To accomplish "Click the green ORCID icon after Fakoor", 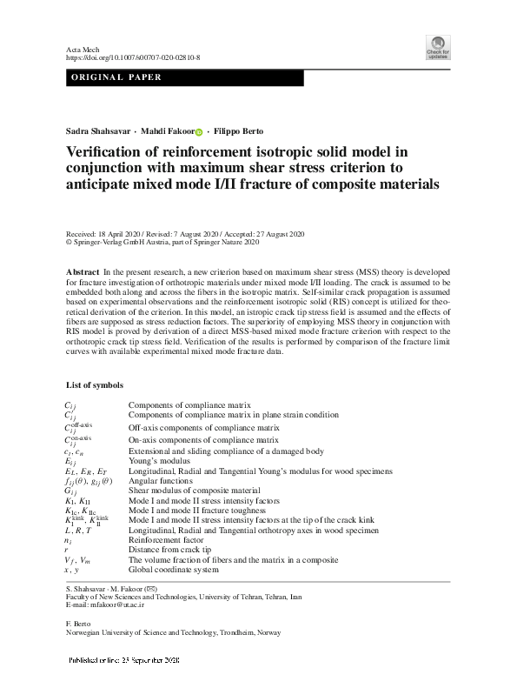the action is click(x=198, y=131).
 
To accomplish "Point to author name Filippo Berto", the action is click(x=237, y=130).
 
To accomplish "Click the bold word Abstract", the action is click(x=82, y=272).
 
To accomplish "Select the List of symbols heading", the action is click(x=95, y=384).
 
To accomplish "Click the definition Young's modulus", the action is click(x=156, y=462).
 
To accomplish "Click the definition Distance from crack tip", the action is click(x=170, y=550).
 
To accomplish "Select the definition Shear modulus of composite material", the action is click(x=194, y=491).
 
